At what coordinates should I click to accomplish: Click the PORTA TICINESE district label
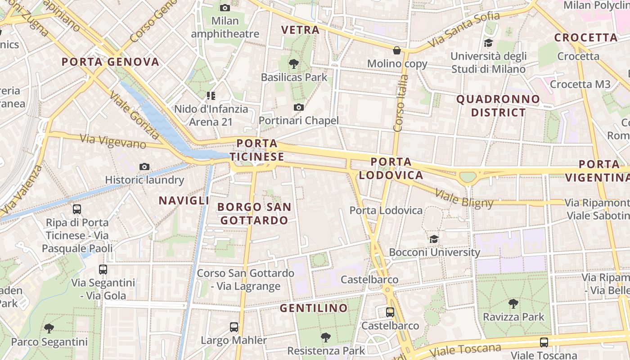[x=257, y=150]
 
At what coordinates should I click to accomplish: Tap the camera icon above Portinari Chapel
[x=298, y=108]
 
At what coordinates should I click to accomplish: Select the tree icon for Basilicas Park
[x=294, y=64]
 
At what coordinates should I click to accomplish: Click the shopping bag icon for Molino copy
[x=397, y=50]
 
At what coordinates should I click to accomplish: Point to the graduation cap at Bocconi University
[x=434, y=239]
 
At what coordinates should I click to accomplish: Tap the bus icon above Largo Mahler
[x=234, y=327]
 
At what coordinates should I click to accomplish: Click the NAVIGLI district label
[x=184, y=200]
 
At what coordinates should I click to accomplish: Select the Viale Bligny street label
[x=464, y=198]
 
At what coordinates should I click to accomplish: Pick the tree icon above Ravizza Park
[x=513, y=304]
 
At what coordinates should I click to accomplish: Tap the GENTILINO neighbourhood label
[x=314, y=308]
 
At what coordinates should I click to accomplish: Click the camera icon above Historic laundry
[x=144, y=167]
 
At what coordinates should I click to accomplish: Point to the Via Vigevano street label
[x=113, y=141]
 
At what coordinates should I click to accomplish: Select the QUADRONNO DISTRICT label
[x=498, y=106]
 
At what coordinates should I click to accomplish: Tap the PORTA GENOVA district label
[x=111, y=62]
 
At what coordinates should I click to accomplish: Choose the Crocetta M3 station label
[x=580, y=84]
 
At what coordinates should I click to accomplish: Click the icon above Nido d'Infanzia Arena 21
[x=211, y=95]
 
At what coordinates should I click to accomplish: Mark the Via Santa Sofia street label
[x=464, y=29]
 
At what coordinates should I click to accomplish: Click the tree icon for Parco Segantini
[x=49, y=328]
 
